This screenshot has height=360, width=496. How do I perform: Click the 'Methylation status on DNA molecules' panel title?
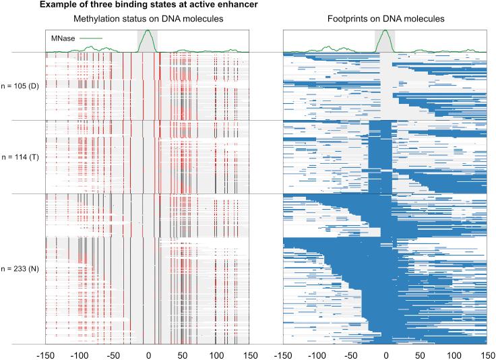[x=148, y=19]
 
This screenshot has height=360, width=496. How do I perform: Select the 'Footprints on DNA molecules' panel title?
[x=385, y=19]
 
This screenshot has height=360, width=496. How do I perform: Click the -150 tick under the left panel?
[x=44, y=353]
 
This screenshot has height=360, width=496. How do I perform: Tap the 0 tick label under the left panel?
[x=148, y=353]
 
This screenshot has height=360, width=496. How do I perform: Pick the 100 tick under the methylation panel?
[x=216, y=353]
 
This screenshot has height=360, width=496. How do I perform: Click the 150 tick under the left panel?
[x=249, y=353]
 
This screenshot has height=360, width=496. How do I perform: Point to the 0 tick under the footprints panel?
[x=385, y=353]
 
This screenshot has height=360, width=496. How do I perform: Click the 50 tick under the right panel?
[x=419, y=353]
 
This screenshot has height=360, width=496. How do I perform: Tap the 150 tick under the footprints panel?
[x=487, y=353]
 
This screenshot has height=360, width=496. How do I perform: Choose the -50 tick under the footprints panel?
[x=350, y=353]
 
